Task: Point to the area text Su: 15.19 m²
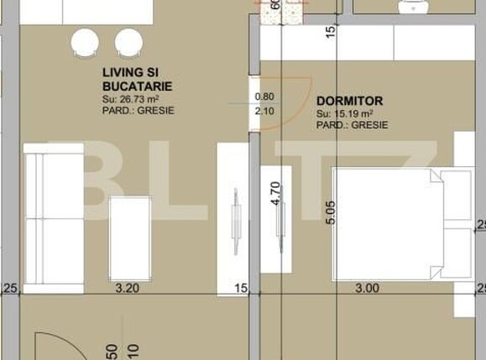tap(345, 112)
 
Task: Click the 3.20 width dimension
tap(127, 288)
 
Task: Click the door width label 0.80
tap(264, 97)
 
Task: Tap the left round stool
tap(86, 43)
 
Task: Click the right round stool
tap(128, 43)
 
